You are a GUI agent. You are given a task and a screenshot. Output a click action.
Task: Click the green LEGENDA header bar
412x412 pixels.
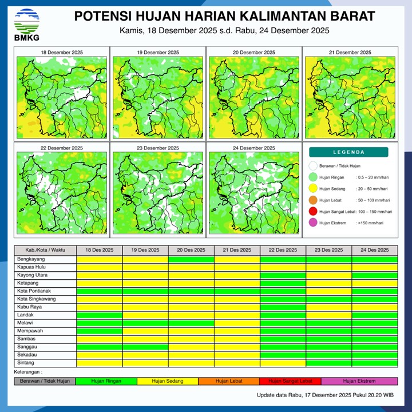[x=348, y=152]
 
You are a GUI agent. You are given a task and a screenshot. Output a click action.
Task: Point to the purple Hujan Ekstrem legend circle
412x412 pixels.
[x=313, y=223]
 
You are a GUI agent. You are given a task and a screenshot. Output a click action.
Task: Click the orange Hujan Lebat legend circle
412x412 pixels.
[x=313, y=200]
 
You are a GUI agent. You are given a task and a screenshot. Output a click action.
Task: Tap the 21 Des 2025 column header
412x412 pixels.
[x=237, y=250]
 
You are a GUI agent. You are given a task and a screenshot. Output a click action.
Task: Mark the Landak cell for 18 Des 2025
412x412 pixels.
[x=100, y=315]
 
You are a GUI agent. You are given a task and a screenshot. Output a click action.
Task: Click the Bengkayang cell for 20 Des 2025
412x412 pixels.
[x=191, y=259]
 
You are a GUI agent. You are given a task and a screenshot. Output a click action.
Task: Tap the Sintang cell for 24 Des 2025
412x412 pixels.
[x=375, y=363]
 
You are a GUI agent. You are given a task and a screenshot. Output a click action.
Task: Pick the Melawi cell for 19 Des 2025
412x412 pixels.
[x=145, y=323]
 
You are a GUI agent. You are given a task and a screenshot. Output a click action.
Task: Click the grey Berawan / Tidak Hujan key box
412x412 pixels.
[x=45, y=381]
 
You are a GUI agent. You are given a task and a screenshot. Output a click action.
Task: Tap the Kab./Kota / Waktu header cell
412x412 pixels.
[x=45, y=250]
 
